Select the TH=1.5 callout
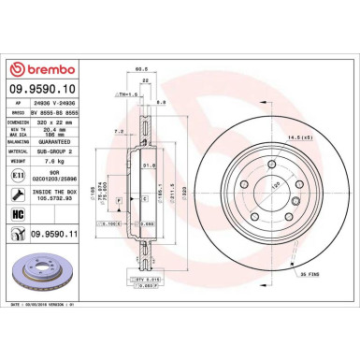pyautogui.click(x=122, y=94)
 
